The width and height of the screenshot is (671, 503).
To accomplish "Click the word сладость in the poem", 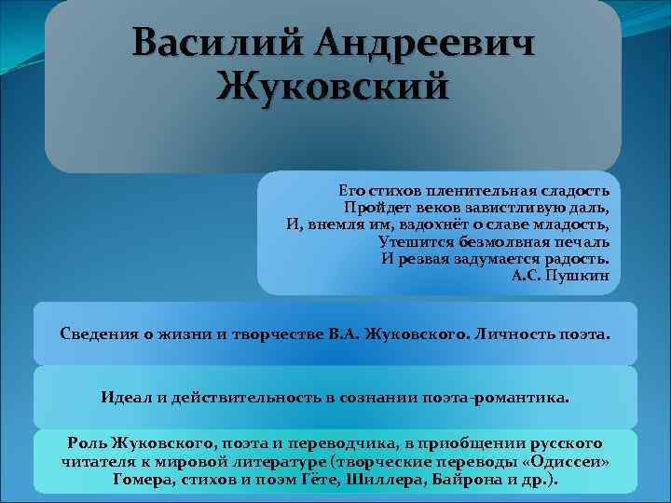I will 576,190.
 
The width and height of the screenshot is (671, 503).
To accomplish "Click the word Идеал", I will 125,397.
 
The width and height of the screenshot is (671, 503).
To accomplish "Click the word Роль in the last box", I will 88,442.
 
